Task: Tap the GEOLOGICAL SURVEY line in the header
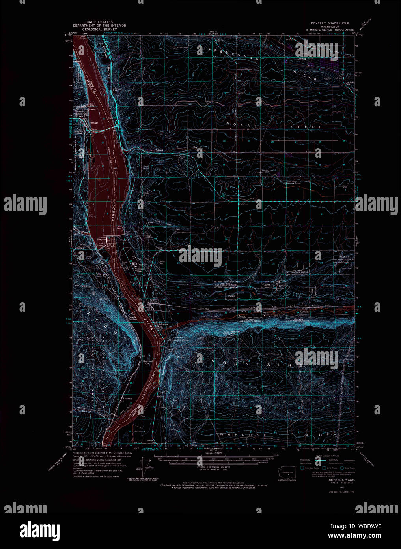pos(97,29)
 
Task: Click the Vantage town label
pos(93,122)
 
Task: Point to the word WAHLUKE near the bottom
pos(235,434)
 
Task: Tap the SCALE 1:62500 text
pos(215,453)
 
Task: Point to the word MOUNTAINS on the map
pos(257,363)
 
